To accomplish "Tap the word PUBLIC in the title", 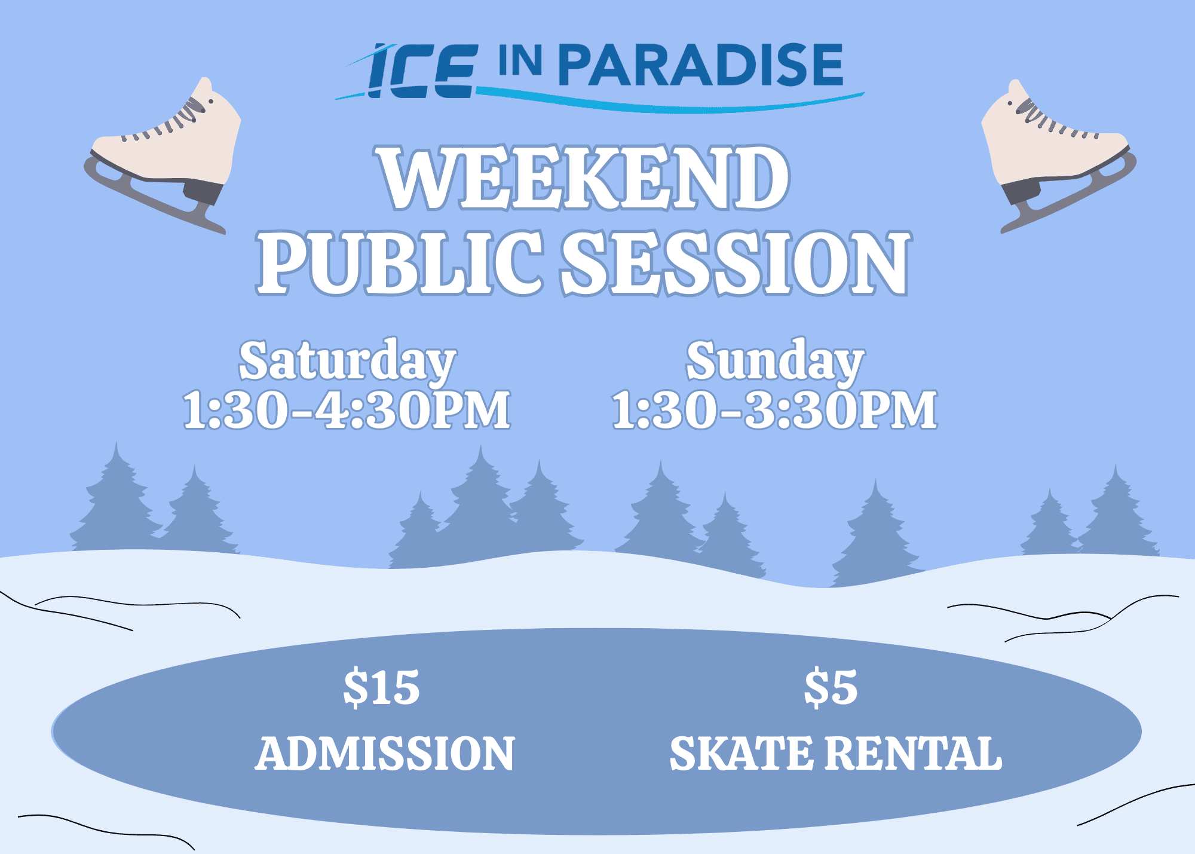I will tap(399, 263).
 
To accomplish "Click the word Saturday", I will tap(347, 360).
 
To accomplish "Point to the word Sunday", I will tap(775, 360).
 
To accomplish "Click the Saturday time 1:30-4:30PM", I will tap(347, 410).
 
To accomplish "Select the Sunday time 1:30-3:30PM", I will tap(774, 410).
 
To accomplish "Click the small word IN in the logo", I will tap(520, 61).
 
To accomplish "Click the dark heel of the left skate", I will tap(203, 191).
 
